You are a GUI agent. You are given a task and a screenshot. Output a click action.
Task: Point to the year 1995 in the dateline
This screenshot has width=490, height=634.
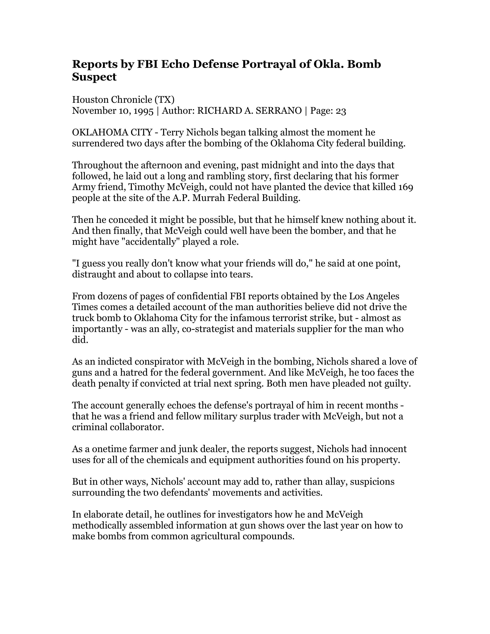(143, 111)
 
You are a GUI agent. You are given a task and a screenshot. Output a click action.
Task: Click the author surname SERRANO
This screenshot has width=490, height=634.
(279, 111)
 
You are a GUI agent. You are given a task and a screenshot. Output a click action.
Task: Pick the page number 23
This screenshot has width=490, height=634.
(341, 111)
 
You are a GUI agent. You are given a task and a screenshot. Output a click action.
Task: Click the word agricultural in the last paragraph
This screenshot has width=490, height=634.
(215, 536)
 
